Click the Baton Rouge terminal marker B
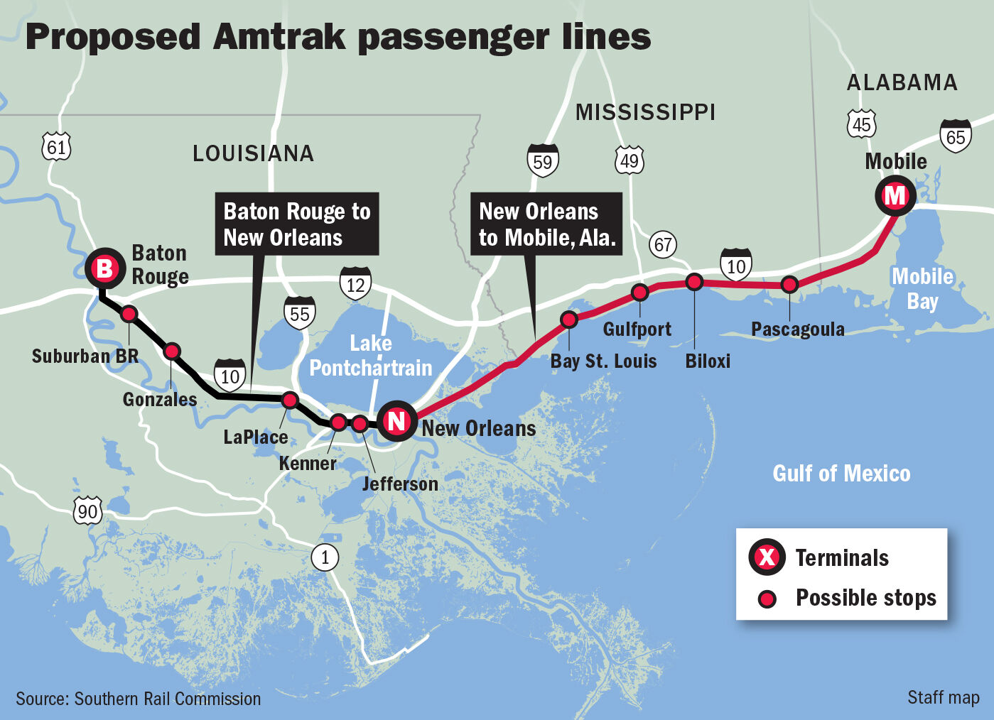(x=104, y=268)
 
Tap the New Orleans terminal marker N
(x=396, y=421)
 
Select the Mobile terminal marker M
(x=895, y=195)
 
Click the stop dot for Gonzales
(x=172, y=351)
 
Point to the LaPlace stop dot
(x=289, y=400)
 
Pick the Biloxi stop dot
(x=694, y=282)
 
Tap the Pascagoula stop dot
(x=789, y=285)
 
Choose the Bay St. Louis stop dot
(x=569, y=320)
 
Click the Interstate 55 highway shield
(x=300, y=313)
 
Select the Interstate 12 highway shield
(x=355, y=283)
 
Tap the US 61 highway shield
(x=56, y=147)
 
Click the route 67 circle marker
(x=663, y=245)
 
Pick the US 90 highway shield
(x=87, y=511)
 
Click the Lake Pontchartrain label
(x=370, y=356)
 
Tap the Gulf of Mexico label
(x=841, y=474)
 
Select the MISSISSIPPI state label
(x=645, y=112)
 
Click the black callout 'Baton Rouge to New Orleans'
(x=297, y=224)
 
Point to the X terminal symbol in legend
(x=767, y=557)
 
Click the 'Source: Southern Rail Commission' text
(x=139, y=699)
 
